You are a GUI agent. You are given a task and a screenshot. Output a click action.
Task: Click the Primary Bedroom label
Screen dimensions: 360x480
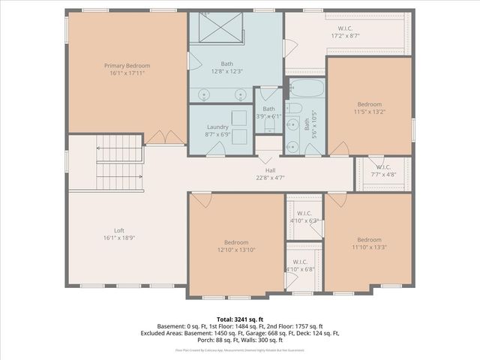click(127, 66)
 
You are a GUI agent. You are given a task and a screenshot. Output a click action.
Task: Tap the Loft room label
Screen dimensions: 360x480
click(118, 230)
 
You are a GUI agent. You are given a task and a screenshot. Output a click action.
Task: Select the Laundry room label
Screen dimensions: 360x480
click(217, 127)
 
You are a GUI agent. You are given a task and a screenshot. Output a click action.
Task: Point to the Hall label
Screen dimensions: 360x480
click(269, 170)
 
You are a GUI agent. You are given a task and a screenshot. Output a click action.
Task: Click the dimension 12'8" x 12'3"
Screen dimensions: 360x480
click(226, 71)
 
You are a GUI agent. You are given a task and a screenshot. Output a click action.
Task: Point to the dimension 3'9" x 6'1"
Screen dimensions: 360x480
click(268, 116)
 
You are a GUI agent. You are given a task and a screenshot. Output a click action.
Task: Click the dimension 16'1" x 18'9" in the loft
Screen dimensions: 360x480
click(118, 238)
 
